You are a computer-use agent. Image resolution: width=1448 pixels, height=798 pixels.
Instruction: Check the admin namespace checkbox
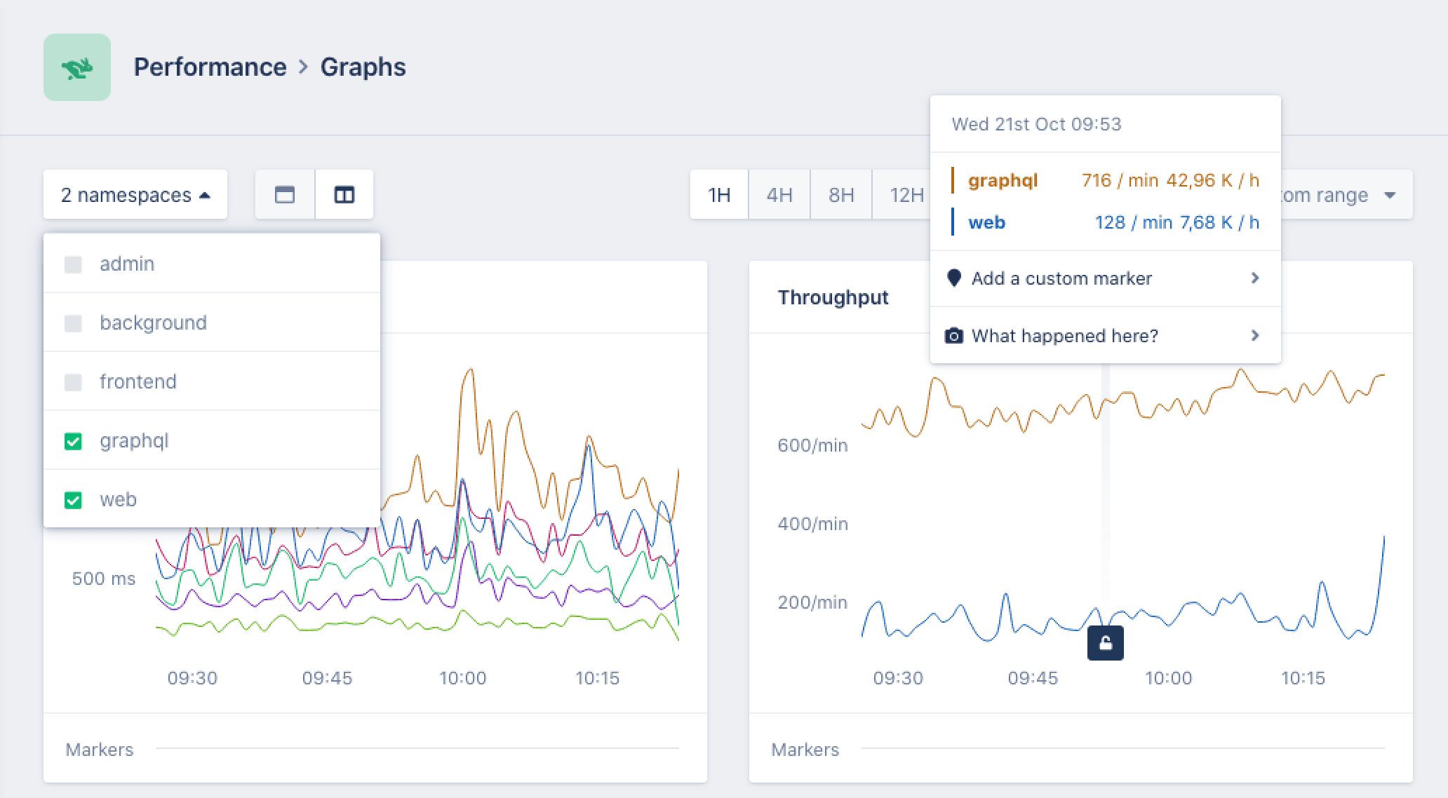73,264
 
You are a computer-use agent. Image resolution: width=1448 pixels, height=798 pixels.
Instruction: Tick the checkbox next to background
73,323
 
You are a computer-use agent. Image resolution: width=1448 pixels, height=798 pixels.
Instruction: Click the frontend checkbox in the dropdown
73,382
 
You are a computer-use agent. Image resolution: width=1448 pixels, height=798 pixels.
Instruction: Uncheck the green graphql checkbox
73,441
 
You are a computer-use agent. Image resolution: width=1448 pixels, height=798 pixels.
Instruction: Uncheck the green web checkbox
73,500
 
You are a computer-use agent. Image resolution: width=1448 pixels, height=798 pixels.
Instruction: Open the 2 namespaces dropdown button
135,194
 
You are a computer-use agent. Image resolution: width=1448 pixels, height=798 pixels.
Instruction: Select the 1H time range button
719,194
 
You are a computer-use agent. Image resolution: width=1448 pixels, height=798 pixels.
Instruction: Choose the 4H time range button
779,194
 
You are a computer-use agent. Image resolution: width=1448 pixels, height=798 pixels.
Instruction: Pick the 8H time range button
841,194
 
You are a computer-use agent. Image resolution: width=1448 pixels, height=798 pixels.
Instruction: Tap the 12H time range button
905,194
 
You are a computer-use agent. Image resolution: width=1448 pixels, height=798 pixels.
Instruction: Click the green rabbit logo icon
77,67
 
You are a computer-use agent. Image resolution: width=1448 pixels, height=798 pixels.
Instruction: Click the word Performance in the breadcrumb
210,67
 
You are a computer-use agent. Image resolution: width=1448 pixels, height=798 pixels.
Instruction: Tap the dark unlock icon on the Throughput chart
1105,643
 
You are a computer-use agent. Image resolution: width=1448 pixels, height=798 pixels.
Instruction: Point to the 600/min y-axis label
812,445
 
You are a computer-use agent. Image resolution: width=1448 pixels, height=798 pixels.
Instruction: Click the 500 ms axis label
104,579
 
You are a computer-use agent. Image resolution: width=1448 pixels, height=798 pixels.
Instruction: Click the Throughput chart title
833,297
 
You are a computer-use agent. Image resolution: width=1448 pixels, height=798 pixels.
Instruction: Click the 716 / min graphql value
1120,180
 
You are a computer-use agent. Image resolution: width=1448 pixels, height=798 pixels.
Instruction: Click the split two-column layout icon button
344,194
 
